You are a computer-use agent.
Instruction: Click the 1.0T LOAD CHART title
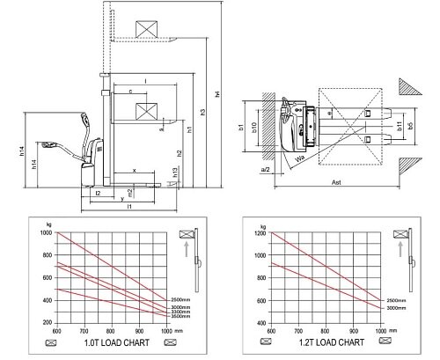point(109,342)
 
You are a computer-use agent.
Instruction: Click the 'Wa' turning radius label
point(301,158)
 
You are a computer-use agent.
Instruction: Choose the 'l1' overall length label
point(128,206)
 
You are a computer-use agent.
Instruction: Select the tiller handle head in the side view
point(49,143)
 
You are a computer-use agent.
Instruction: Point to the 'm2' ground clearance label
point(129,191)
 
